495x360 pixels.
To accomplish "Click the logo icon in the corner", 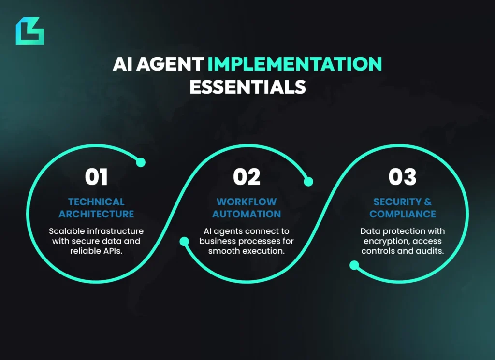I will (x=29, y=31).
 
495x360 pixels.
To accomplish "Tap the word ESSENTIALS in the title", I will (x=247, y=86).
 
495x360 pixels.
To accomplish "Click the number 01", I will (x=96, y=177).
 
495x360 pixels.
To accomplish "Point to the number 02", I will (x=247, y=177).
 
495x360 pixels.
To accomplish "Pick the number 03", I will (x=402, y=177).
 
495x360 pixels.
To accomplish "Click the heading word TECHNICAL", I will (x=96, y=202).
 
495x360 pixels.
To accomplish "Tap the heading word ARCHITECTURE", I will (x=96, y=214).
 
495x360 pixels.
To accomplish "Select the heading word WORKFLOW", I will (x=247, y=202).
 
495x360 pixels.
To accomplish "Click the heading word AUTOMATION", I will (x=247, y=214).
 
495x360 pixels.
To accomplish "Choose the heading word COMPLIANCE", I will (x=403, y=214).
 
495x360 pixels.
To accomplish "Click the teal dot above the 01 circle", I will (x=141, y=163).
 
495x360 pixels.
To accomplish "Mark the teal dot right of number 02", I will (x=308, y=182).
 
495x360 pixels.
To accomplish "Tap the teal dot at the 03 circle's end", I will (x=354, y=265).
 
